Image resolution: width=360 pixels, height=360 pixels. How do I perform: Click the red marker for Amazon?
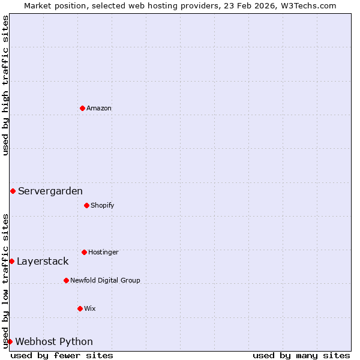[x=82, y=108]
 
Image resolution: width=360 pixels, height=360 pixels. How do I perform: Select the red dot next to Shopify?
[x=86, y=205]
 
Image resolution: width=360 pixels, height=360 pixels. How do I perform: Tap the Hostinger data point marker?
[x=84, y=252]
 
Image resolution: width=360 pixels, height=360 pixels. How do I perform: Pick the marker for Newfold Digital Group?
[x=66, y=280]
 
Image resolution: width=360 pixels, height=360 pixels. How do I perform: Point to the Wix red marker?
[x=80, y=308]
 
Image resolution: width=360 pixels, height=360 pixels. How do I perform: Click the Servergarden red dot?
[x=13, y=191]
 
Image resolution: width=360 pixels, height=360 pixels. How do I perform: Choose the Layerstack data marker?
[x=11, y=261]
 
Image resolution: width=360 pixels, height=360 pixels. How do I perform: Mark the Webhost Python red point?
[x=10, y=341]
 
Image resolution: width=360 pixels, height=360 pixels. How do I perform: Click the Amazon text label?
[x=99, y=108]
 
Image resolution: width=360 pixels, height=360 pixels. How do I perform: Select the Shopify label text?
[x=102, y=205]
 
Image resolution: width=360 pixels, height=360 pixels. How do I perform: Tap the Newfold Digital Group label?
[x=105, y=280]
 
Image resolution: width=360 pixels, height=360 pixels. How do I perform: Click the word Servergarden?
[x=50, y=191]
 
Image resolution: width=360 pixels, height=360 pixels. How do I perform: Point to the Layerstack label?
[x=43, y=261]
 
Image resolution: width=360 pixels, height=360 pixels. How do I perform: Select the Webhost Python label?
[x=54, y=341]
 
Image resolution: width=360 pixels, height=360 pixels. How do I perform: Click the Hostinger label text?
[x=103, y=252]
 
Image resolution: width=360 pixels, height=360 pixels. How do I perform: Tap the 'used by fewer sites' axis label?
[x=62, y=355]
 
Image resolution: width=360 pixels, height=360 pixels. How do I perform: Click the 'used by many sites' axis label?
[x=301, y=355]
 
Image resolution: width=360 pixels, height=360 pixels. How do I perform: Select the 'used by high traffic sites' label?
[x=5, y=85]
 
